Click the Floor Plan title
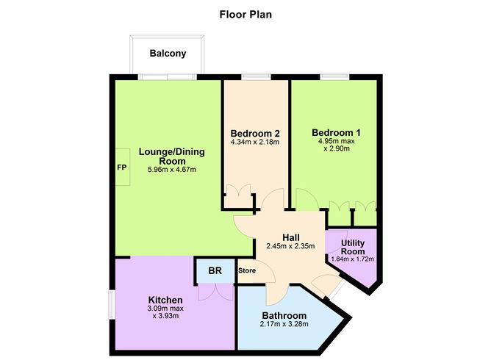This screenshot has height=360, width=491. [x=245, y=13]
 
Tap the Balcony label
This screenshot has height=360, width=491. [x=168, y=53]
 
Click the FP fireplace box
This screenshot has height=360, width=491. [x=122, y=167]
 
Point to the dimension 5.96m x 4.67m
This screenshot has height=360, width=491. [x=171, y=170]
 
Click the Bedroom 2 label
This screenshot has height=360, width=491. [x=255, y=133]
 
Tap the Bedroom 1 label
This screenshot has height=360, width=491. [x=335, y=133]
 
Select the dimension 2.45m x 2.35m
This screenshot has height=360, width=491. [x=290, y=246]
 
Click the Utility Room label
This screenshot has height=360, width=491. [x=351, y=246]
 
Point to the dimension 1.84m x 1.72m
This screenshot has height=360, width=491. [x=351, y=259]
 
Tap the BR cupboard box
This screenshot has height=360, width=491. [x=215, y=271]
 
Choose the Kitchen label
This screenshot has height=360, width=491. [x=165, y=300]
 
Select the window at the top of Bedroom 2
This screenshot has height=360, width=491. [x=255, y=76]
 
